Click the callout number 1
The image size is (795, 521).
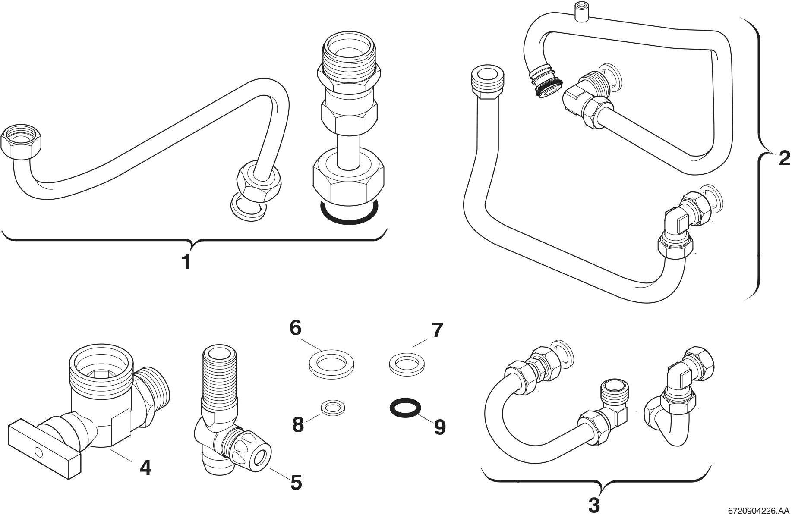[186, 262]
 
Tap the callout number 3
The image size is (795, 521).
[594, 505]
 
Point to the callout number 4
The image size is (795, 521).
[145, 467]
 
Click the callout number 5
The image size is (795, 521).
[296, 482]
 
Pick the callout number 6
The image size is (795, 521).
[295, 328]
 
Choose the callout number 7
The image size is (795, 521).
[437, 331]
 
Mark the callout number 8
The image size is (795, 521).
[298, 425]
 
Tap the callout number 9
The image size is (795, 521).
[439, 427]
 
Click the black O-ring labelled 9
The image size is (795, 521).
[405, 407]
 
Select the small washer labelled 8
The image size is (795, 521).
[332, 407]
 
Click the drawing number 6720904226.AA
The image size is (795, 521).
[758, 512]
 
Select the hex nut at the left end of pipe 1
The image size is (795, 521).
[21, 144]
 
